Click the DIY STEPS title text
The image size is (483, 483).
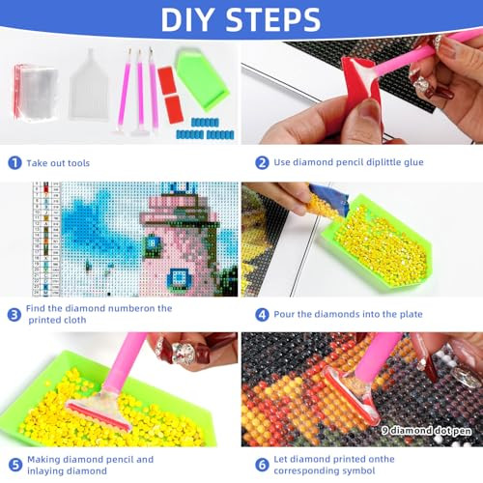point(241,19)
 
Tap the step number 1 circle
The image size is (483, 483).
point(14,163)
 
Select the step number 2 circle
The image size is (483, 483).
point(262,162)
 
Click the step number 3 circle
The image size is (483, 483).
point(14,315)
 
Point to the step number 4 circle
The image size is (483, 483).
point(262,315)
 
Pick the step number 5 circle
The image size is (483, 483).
point(15,465)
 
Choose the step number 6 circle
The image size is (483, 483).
point(262,465)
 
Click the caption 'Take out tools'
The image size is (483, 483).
point(58,163)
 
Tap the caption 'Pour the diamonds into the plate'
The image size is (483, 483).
point(348,314)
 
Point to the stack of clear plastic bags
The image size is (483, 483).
point(36,92)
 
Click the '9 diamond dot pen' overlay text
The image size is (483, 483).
point(426,431)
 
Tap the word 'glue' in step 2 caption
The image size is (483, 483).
point(413,162)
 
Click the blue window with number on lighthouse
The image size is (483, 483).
point(153,243)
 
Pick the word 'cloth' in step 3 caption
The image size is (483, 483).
point(74,320)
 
